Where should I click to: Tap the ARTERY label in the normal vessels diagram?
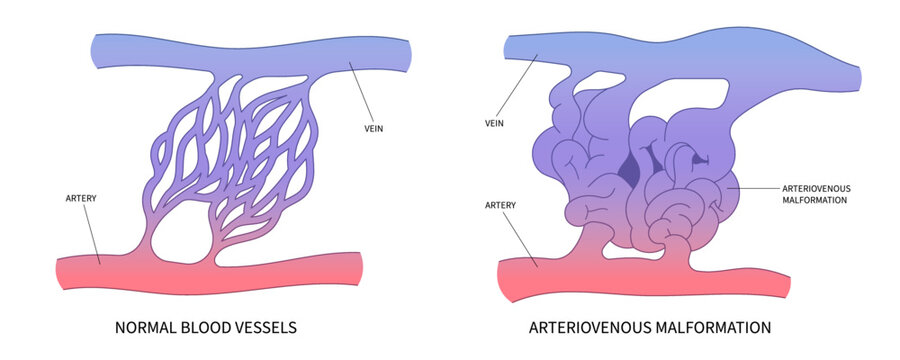tap(71, 199)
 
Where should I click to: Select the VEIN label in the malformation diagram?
tap(494, 124)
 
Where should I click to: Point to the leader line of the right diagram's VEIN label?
tap(520, 91)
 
